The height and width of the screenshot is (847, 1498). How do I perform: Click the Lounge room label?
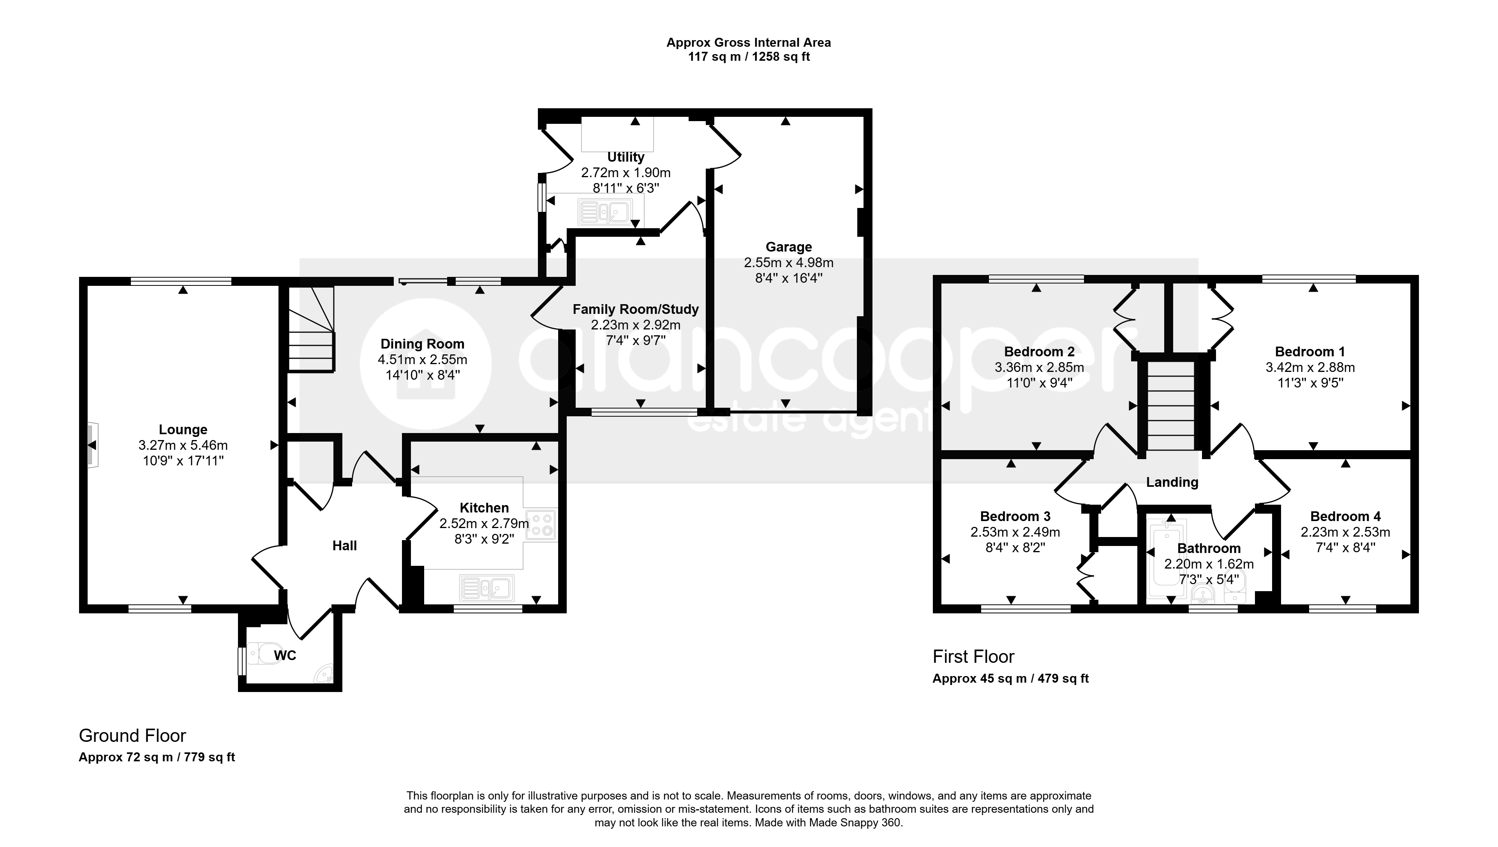[x=183, y=430]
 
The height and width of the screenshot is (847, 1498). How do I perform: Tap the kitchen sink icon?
[x=487, y=588]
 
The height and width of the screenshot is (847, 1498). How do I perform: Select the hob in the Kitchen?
[x=541, y=525]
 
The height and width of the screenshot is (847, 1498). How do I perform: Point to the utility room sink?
[x=605, y=212]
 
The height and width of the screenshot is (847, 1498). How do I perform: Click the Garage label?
[x=788, y=247]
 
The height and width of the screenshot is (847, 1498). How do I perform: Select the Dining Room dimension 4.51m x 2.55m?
[x=422, y=359]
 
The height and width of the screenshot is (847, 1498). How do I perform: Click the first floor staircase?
[x=1170, y=405]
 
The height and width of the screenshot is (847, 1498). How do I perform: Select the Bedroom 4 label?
[x=1345, y=517]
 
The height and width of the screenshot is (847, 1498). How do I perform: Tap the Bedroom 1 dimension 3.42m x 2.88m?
[x=1310, y=368]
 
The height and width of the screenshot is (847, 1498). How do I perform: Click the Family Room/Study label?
[x=635, y=310]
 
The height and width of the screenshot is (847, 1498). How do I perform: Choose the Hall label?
[x=344, y=546]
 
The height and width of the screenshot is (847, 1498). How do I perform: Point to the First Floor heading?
[x=973, y=657]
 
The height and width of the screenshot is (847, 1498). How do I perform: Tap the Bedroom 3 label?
[x=1015, y=517]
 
